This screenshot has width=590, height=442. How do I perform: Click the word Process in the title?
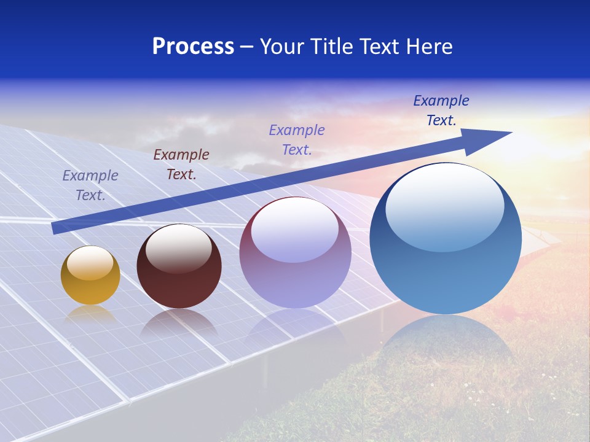(x=193, y=47)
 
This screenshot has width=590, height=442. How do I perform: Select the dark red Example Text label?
(x=181, y=165)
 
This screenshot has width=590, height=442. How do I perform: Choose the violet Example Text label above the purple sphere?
(x=297, y=140)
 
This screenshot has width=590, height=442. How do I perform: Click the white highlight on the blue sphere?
(x=444, y=206)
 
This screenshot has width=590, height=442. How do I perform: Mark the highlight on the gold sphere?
(x=90, y=263)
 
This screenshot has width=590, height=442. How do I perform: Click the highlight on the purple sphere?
(x=295, y=229)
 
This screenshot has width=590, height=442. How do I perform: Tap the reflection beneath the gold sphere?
(x=90, y=314)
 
